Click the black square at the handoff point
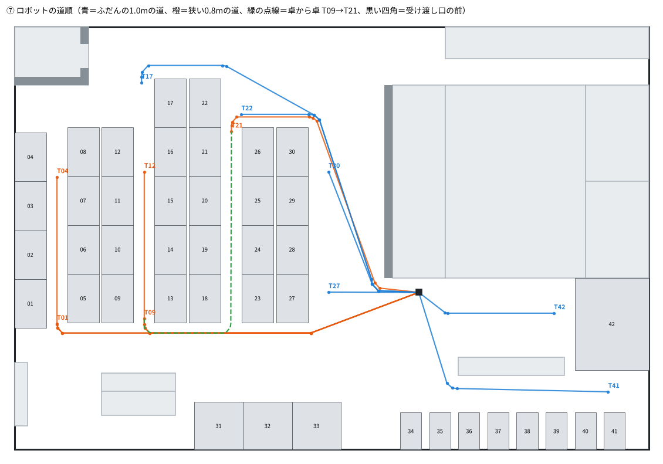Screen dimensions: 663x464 [x=418, y=292]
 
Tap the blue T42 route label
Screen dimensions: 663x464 [x=559, y=307]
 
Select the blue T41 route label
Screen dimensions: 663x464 [x=614, y=386]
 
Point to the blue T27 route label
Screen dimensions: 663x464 [x=334, y=286]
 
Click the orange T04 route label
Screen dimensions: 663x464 [x=63, y=171]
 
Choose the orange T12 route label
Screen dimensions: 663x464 [x=150, y=165]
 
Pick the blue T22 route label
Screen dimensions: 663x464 [x=247, y=108]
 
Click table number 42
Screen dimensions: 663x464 [x=612, y=324]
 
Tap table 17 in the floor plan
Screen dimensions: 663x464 [x=170, y=103]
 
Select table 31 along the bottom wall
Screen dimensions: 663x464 [x=219, y=426]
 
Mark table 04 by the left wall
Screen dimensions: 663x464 [x=31, y=157]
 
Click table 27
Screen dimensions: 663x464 [x=292, y=299]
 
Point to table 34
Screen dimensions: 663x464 [x=411, y=431]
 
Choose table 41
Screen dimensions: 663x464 [x=614, y=431]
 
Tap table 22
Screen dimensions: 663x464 [x=205, y=103]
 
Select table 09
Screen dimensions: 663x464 [x=117, y=299]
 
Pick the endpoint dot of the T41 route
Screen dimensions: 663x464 [x=608, y=392]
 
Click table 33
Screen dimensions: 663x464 [x=317, y=426]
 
